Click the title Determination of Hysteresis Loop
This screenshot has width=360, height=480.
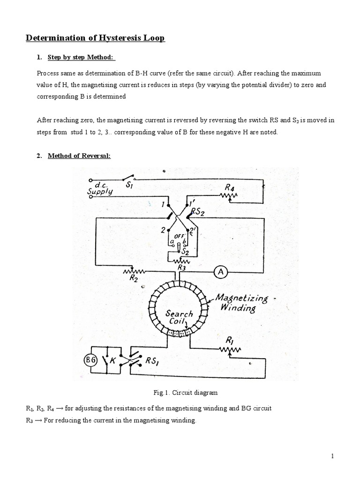[x=95, y=38]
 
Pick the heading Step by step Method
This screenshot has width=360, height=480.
[x=81, y=58]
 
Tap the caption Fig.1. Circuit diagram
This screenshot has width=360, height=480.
[x=180, y=392]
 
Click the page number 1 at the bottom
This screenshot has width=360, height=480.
[x=331, y=456]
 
